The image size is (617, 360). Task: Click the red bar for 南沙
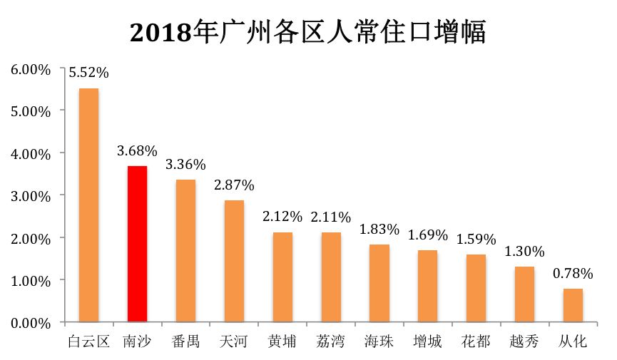click(x=137, y=244)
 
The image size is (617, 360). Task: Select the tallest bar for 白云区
click(x=88, y=205)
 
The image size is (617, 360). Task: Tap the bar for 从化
click(x=573, y=305)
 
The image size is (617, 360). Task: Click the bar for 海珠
click(x=379, y=283)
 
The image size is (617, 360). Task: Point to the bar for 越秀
click(x=524, y=294)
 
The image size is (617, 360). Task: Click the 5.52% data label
click(x=88, y=73)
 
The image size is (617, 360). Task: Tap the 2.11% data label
click(x=331, y=217)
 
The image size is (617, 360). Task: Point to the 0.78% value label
click(x=573, y=273)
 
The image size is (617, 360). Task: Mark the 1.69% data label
click(x=427, y=235)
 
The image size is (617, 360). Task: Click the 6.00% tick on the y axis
click(x=30, y=69)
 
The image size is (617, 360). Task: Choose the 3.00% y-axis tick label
click(x=30, y=195)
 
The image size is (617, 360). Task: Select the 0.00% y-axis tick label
click(x=30, y=322)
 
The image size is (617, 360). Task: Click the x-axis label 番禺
click(x=185, y=341)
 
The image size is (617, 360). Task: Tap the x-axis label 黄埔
click(x=282, y=341)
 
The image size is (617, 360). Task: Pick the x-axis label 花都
click(x=476, y=341)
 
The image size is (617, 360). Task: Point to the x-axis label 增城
click(x=427, y=341)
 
